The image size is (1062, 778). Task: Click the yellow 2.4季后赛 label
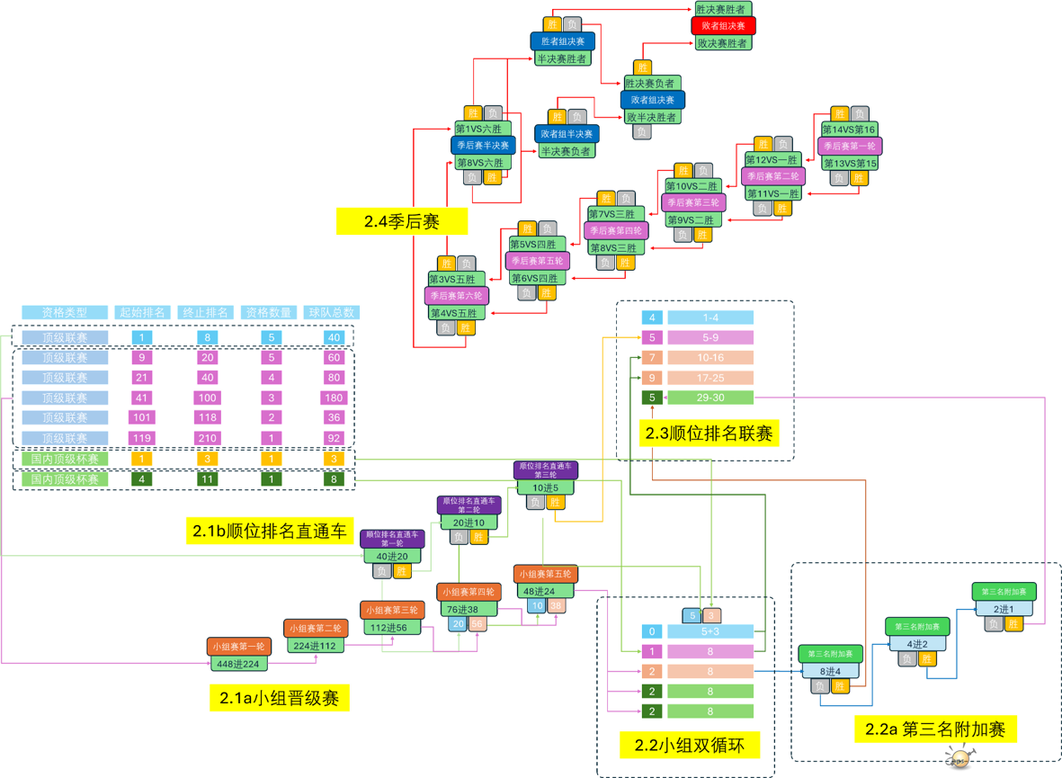point(401,221)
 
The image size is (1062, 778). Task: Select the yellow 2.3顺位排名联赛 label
point(709,434)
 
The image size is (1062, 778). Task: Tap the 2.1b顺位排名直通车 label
point(269,532)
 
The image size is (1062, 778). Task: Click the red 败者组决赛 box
point(723,26)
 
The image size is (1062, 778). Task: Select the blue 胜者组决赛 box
point(562,41)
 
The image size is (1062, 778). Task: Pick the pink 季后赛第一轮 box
point(850,146)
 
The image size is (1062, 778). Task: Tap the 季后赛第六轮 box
point(456,295)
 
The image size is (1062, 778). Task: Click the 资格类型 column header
point(65,313)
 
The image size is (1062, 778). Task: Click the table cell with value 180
point(334,398)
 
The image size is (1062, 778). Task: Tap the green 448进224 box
point(239,664)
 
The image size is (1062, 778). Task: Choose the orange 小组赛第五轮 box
point(545,574)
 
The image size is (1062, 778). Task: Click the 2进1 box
point(1004,608)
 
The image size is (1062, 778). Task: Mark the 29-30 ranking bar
point(710,398)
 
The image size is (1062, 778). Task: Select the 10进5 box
point(546,487)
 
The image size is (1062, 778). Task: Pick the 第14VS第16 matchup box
point(849,130)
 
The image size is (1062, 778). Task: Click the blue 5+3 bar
point(710,631)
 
